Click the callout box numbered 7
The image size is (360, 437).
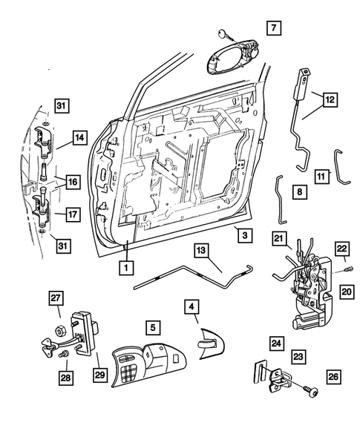coord(273,29)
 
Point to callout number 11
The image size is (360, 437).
coord(321,177)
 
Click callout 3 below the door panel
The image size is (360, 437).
coord(243,234)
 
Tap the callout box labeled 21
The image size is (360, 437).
coord(279,238)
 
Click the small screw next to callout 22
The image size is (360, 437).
coord(348,269)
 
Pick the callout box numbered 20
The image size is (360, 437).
coord(347,292)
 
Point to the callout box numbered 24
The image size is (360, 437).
coord(275,343)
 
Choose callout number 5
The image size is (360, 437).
coord(151,325)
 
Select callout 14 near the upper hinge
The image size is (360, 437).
coord(79,136)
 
